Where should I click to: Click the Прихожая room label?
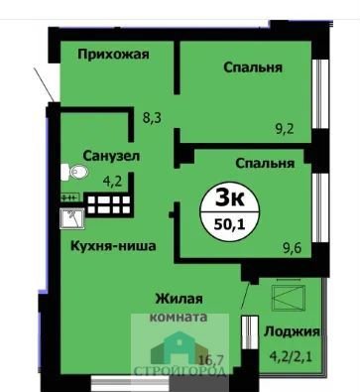point(113,55)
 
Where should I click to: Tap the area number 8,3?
point(152,118)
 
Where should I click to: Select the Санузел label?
point(111,156)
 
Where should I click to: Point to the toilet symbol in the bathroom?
point(74,172)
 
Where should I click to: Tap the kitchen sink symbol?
point(72,218)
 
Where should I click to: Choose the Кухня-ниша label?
point(113,246)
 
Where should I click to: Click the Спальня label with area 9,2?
point(253,68)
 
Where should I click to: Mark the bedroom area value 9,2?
point(285,128)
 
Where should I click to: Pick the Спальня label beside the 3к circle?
point(265,163)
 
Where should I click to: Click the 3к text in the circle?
point(230,198)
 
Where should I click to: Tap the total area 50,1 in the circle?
point(229,224)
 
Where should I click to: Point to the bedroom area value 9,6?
point(293,247)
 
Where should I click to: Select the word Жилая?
point(180,300)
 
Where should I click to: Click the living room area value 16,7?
point(212,358)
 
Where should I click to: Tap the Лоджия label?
point(292,331)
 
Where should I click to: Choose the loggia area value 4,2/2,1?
point(291,357)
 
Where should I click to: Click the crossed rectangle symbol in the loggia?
point(287,298)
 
